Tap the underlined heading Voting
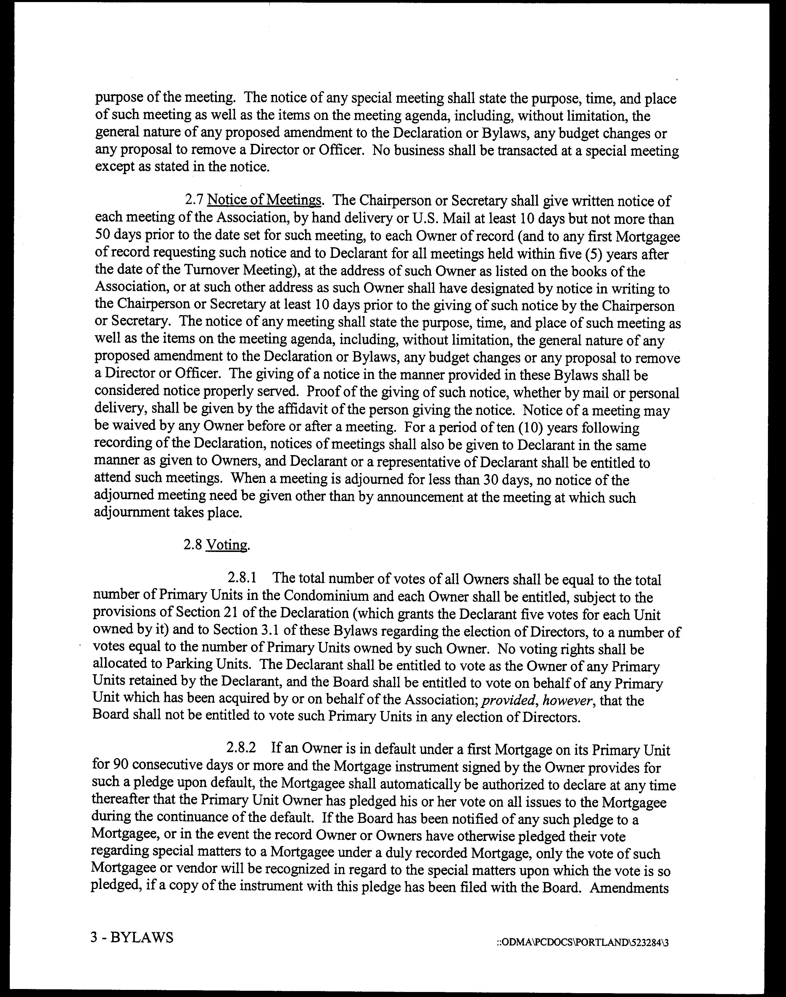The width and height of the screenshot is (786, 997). coord(227,545)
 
